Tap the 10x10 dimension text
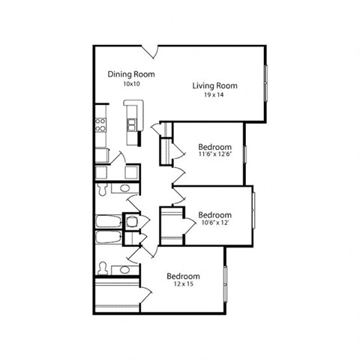coord(130,84)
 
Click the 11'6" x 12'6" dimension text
coord(214,155)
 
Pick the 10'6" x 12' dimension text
coord(214,223)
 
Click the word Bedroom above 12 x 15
coord(182,275)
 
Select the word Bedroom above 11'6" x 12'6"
coord(214,146)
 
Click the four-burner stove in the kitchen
coord(100,125)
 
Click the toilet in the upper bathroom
coord(101,189)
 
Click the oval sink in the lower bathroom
coord(125,269)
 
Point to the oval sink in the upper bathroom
coord(125,187)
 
